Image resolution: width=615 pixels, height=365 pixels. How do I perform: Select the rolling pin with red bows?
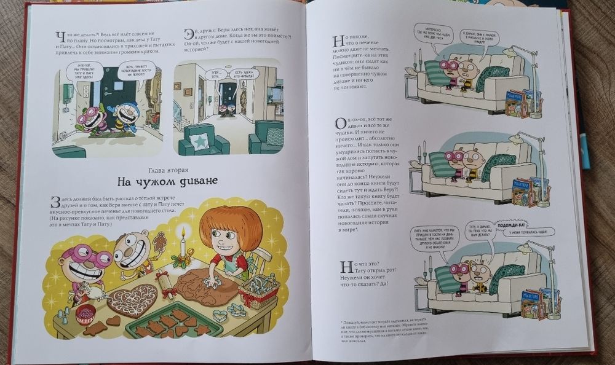(165, 286)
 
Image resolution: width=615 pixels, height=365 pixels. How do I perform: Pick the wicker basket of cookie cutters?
(259, 288)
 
